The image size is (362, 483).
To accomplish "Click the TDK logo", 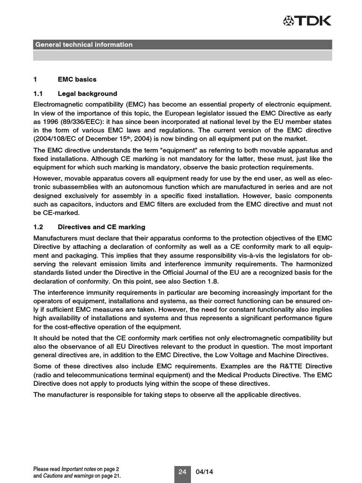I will click(x=307, y=20).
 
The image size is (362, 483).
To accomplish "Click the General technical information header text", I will click(x=83, y=45).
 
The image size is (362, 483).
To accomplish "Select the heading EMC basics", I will click(x=77, y=79).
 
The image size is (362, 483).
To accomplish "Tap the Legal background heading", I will click(x=87, y=93).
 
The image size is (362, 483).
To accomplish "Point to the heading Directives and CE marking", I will click(x=101, y=227).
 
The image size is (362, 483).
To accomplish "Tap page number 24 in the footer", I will click(x=182, y=472).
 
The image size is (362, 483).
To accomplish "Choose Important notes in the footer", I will click(x=79, y=469).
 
